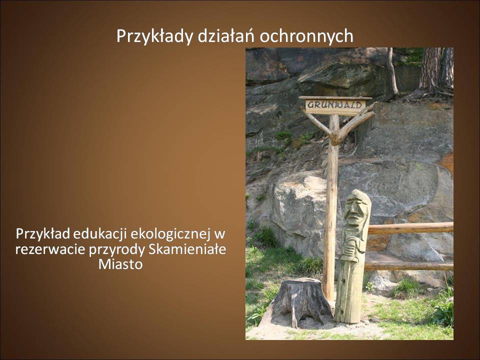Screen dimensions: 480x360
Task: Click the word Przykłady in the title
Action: [x=155, y=36]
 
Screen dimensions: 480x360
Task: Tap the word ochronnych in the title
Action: [x=306, y=36]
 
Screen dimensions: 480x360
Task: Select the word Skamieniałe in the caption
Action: [x=187, y=249]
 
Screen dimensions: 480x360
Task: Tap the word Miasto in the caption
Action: [x=120, y=264]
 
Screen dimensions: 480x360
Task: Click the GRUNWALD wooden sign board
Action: [x=335, y=105]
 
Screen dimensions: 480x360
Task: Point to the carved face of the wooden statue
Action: [x=355, y=209]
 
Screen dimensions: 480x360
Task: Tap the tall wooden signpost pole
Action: [x=331, y=208]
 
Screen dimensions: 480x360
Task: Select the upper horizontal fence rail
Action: [x=410, y=228]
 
